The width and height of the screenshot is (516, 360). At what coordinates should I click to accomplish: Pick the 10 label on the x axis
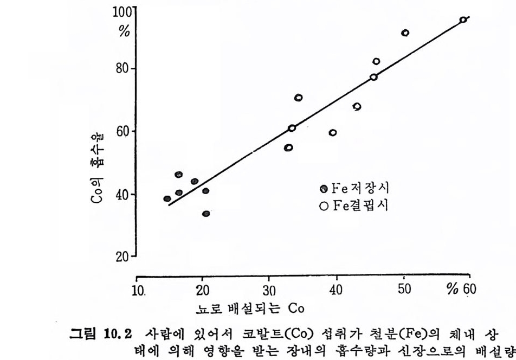139,290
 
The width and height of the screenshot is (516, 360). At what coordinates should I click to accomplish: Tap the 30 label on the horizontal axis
269,290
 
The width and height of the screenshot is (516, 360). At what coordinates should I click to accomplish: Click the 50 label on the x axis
404,290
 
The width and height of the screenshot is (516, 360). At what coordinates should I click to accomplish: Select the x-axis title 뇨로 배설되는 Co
250,308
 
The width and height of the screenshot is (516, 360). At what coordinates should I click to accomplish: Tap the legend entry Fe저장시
355,189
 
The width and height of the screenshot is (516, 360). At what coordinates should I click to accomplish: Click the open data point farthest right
463,20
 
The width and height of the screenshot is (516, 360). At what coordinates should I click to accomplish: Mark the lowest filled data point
206,214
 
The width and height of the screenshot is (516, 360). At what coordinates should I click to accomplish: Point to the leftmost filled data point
167,199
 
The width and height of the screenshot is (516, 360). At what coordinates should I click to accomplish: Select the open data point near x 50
405,33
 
